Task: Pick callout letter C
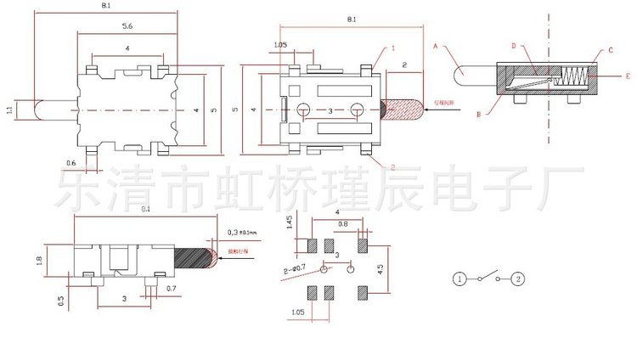[x=610, y=51]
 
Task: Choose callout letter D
[x=515, y=46]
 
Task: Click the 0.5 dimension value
[x=61, y=301]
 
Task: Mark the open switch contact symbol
[x=489, y=278]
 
